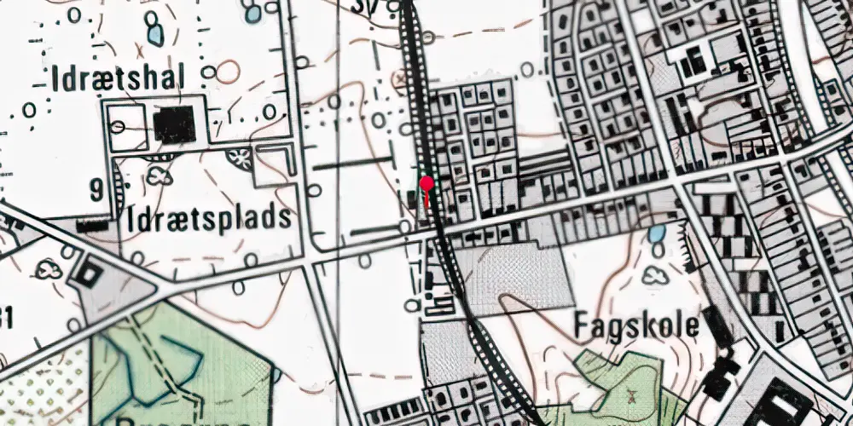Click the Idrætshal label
point(118,80)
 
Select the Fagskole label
point(636,325)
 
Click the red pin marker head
point(427,182)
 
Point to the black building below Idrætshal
point(174,125)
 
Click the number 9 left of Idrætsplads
point(96,190)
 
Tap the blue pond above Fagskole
point(656,234)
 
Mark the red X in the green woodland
point(632,394)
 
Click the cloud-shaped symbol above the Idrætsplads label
point(159,176)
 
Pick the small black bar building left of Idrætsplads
point(93,227)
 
